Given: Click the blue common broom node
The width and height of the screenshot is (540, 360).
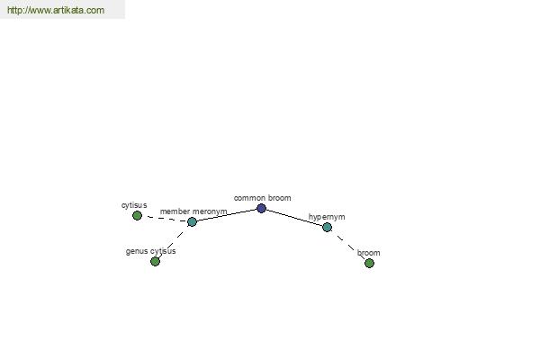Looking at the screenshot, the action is coord(261,209).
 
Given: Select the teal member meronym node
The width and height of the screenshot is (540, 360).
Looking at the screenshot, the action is coord(193,222).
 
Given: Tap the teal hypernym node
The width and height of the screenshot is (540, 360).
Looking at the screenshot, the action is coord(328,228).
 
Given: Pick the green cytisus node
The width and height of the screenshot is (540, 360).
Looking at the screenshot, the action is coord(137,216).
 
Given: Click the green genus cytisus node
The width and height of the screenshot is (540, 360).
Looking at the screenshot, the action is coord(156,262).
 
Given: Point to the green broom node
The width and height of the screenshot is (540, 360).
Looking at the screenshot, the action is coord(369,263).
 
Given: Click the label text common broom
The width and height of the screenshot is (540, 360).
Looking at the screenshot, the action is coord(263,198).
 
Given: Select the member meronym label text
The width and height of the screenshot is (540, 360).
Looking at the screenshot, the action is coord(193,211).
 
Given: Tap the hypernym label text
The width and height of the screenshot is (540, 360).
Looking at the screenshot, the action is coord(327,217).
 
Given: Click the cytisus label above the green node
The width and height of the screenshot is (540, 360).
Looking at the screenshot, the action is coord(134,205).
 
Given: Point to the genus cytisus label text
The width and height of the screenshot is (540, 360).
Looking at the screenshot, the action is coord(151,251).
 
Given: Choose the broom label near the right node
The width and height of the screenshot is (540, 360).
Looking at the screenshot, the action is coord(368,253).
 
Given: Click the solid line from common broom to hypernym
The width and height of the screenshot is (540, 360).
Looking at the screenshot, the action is coord(294,218).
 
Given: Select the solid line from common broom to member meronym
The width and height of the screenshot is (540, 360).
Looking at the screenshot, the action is coord(227,215).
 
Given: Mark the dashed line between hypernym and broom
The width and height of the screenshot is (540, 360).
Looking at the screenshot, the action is coord(348,246).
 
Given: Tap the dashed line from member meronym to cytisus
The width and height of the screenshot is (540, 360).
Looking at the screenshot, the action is coord(165,219).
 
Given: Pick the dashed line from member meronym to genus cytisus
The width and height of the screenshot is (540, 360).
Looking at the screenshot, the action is coord(174,241).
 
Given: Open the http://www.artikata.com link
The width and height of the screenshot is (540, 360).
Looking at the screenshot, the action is coord(56,10).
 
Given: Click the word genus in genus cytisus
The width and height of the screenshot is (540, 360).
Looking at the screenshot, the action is coord(135,251).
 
